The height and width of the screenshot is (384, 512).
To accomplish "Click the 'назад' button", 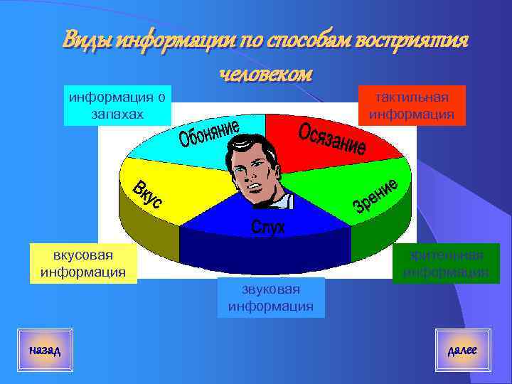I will tap(45, 350).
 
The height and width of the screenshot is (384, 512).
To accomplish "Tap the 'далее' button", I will tap(462, 350).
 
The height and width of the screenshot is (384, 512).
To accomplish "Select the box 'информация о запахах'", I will tap(118, 105).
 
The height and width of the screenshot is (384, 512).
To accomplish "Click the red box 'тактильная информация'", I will tap(412, 105).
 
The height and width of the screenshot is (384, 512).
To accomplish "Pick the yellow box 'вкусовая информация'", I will tap(83, 263).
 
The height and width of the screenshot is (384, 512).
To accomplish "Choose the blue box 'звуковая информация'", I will tap(270, 298).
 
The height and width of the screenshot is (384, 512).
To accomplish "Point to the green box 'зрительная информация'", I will tap(446, 263).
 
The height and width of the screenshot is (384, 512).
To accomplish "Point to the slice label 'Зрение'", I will tap(374, 196).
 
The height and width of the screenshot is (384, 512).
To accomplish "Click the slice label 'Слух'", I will tap(267, 227).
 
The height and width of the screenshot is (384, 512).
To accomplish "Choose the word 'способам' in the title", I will tap(302, 41).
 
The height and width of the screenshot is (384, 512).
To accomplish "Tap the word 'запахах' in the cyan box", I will tap(118, 113).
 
